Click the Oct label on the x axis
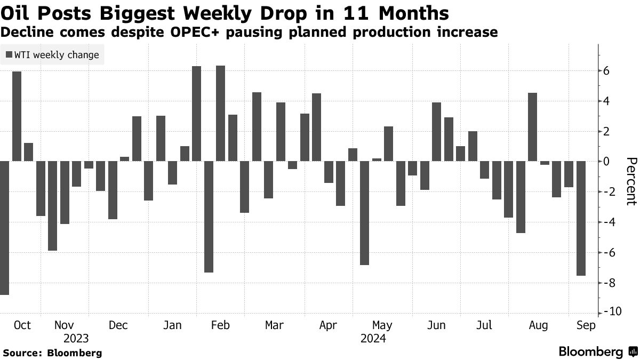pos(22,325)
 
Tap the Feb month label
pos(220,325)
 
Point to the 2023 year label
pos(76,339)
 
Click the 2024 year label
pos(373,339)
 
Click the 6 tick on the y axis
pos(606,71)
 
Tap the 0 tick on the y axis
pos(606,161)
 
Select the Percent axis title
pos(631,181)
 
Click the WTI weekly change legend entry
pos(52,54)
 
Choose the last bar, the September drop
pos(581,218)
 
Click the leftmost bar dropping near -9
pos(4,228)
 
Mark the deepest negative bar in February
pos(209,217)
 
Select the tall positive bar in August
pos(532,127)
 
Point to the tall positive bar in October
pos(17,116)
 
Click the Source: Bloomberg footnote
pos(52,353)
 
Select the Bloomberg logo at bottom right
pos(597,351)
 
